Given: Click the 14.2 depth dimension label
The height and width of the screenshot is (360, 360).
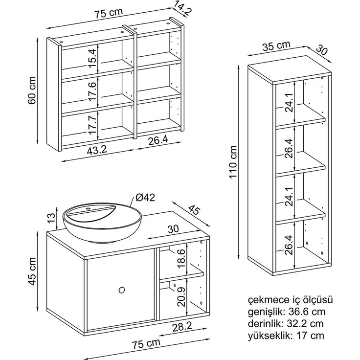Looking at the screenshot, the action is pyautogui.click(x=182, y=8).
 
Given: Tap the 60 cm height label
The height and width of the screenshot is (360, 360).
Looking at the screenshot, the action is pyautogui.click(x=32, y=90).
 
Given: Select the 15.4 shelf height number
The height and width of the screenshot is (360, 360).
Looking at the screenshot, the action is pyautogui.click(x=92, y=58).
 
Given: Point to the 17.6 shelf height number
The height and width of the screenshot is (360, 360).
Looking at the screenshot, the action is pyautogui.click(x=92, y=91).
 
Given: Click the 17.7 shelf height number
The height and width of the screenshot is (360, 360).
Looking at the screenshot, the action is pyautogui.click(x=92, y=125).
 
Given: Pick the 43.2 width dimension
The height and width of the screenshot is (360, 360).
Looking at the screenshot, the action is pyautogui.click(x=97, y=150).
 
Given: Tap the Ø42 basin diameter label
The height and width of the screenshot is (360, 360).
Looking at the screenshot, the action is pyautogui.click(x=145, y=197).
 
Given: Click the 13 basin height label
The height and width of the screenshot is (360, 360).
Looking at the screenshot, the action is pyautogui.click(x=51, y=218).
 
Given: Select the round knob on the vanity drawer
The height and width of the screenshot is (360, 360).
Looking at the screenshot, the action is pyautogui.click(x=122, y=290).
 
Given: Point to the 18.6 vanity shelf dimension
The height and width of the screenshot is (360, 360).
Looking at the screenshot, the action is pyautogui.click(x=181, y=258).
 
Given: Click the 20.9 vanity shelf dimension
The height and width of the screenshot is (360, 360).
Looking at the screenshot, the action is pyautogui.click(x=181, y=297).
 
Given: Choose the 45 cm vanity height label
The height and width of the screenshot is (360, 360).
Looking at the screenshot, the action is pyautogui.click(x=32, y=271).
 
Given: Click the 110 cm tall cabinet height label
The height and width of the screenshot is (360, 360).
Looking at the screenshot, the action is pyautogui.click(x=233, y=161).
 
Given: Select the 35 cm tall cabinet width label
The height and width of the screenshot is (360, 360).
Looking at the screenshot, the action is pyautogui.click(x=276, y=45).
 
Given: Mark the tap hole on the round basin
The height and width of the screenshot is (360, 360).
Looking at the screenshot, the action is pyautogui.click(x=88, y=209).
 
